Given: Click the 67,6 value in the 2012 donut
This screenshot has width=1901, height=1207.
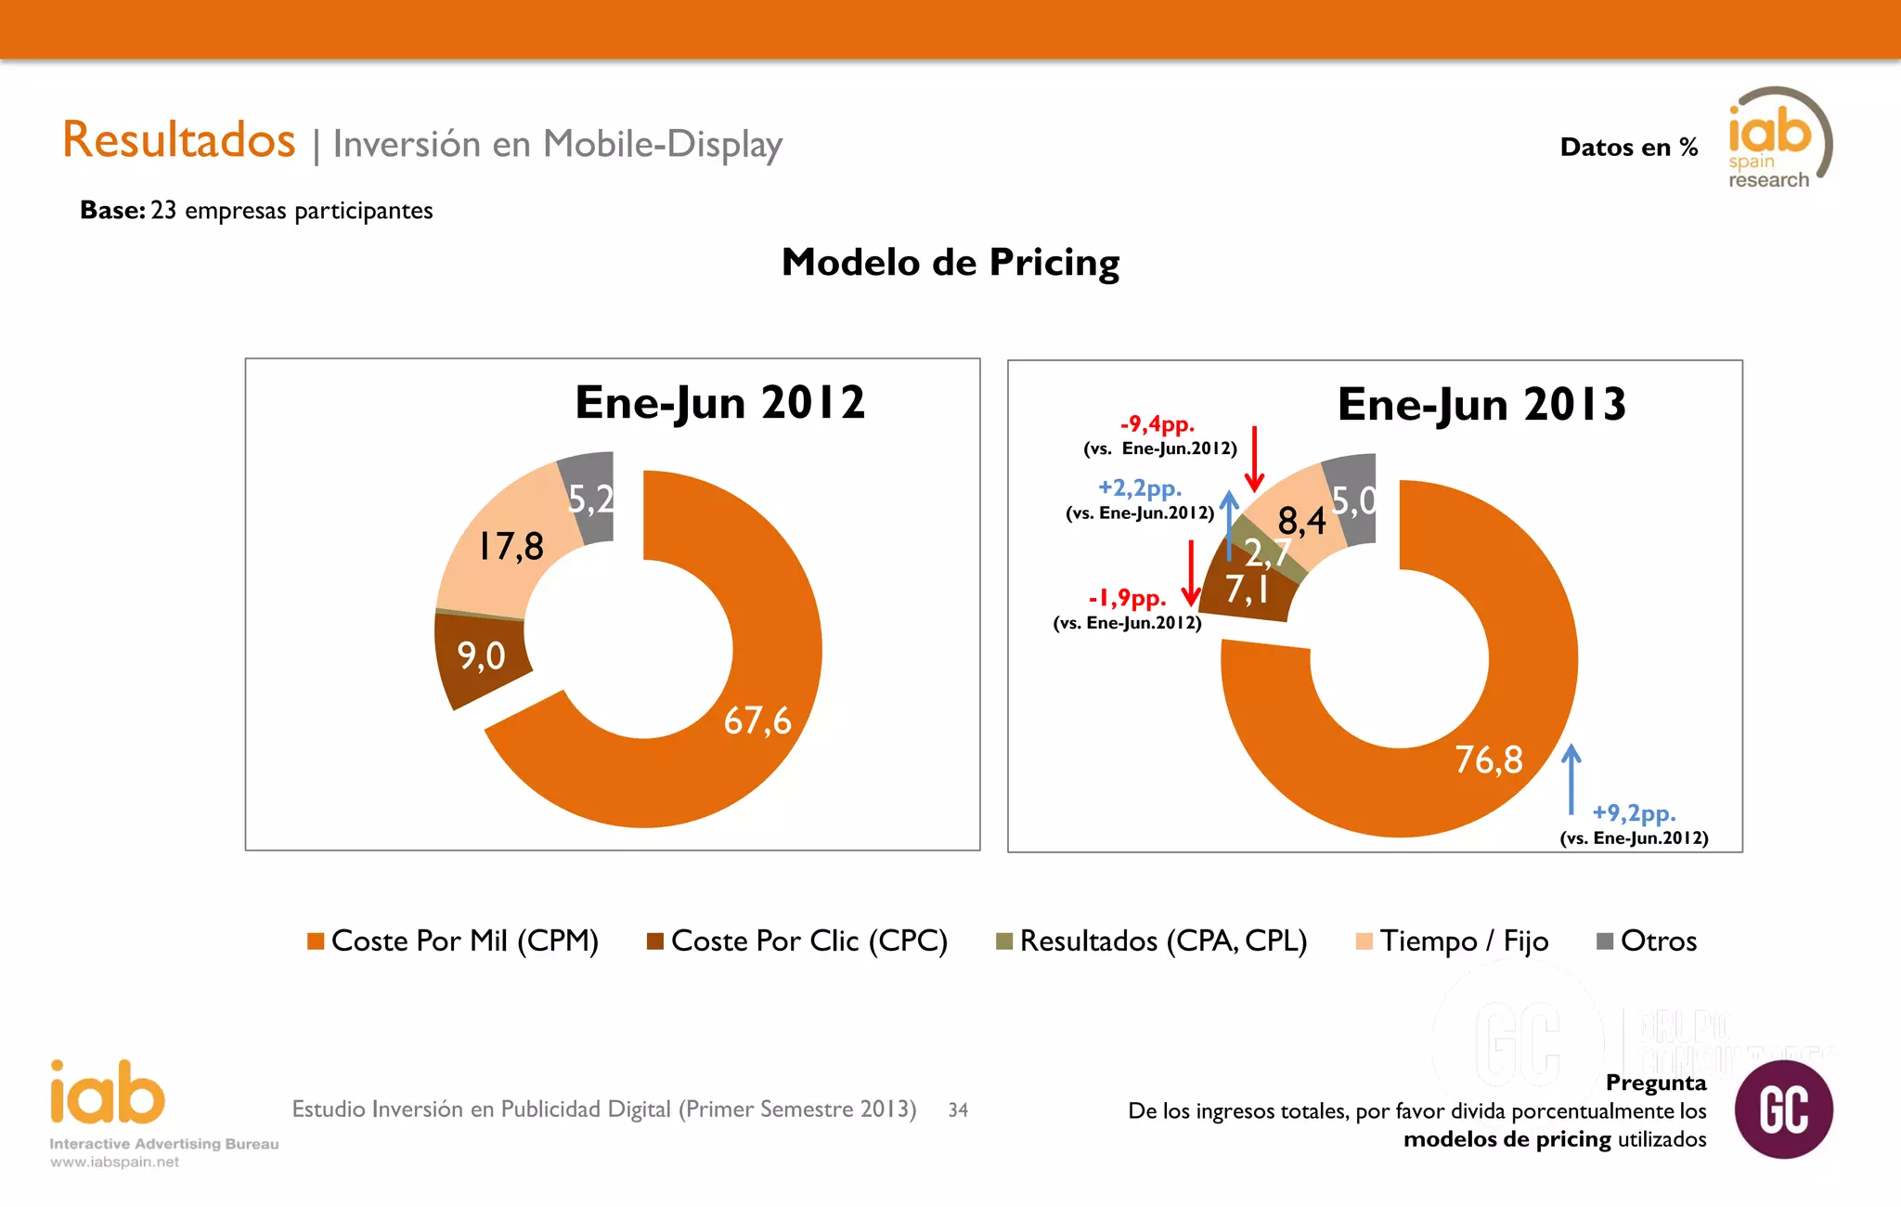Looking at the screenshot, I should [757, 720].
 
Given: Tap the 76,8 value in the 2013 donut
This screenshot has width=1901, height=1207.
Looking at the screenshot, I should [1488, 759].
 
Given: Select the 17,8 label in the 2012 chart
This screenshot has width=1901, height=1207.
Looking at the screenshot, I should [511, 546].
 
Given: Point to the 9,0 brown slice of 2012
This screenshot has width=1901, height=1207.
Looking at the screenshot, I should [481, 656].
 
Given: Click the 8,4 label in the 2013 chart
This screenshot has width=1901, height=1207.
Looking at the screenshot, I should [1301, 521].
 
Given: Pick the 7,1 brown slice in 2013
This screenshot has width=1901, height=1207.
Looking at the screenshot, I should [1246, 590].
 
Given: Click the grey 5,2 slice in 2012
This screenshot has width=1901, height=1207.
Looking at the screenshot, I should [590, 500].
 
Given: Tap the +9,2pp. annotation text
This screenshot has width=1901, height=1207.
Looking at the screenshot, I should [1634, 813].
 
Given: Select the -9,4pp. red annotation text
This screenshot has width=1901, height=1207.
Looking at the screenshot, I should [1157, 424].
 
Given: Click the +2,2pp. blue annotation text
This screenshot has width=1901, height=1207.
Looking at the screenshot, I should [1139, 487].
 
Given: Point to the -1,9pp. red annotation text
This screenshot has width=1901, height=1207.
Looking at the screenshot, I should [1127, 598].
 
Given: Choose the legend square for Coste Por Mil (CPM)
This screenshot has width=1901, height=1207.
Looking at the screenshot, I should [316, 941].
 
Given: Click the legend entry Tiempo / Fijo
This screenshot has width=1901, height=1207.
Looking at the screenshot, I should [1463, 941].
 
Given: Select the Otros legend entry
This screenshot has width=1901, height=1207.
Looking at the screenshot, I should [1658, 941].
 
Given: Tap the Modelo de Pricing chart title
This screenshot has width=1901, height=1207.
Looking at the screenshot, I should [950, 263].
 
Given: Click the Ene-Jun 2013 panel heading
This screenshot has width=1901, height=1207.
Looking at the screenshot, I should [1481, 405].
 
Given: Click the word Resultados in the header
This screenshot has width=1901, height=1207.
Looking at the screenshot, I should [179, 140].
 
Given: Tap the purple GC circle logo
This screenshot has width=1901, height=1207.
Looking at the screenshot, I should [1783, 1110].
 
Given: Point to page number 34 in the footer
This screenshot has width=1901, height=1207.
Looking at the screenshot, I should [958, 1110].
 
